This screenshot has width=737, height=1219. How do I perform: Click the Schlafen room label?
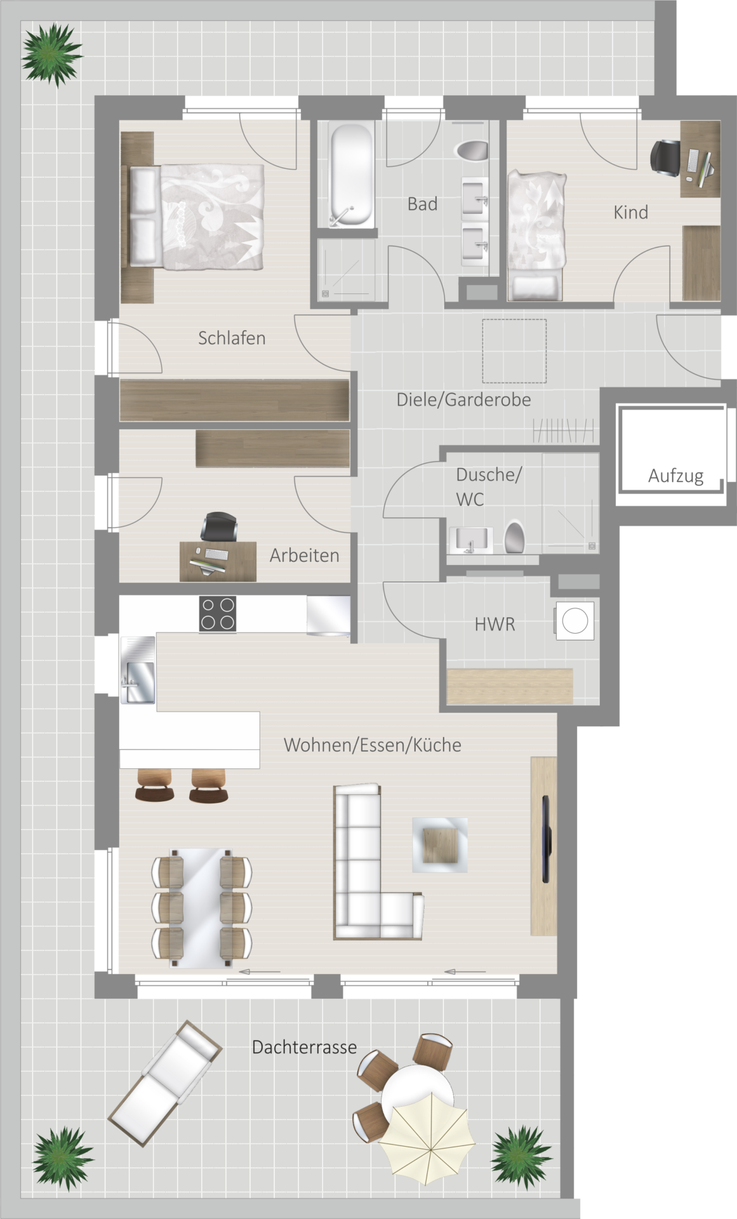click(x=232, y=338)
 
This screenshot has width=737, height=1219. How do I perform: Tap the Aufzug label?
click(x=675, y=476)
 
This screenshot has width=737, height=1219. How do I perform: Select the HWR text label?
click(x=495, y=624)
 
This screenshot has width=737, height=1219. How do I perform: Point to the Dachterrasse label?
click(x=304, y=1047)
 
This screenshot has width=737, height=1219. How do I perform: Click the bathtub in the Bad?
click(x=351, y=175)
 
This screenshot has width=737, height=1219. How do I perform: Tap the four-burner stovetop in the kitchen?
click(x=218, y=613)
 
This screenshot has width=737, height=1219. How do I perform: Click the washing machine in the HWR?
click(x=574, y=620)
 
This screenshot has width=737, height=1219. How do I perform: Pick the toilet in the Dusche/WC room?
click(x=514, y=537)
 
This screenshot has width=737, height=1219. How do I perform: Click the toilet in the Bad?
click(x=472, y=151)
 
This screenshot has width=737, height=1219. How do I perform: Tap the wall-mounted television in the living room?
click(x=545, y=839)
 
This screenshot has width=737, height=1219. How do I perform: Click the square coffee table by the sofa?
click(x=440, y=845)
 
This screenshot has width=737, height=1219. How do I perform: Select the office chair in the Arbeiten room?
click(x=219, y=526)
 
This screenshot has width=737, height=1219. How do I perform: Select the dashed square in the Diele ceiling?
click(x=514, y=351)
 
